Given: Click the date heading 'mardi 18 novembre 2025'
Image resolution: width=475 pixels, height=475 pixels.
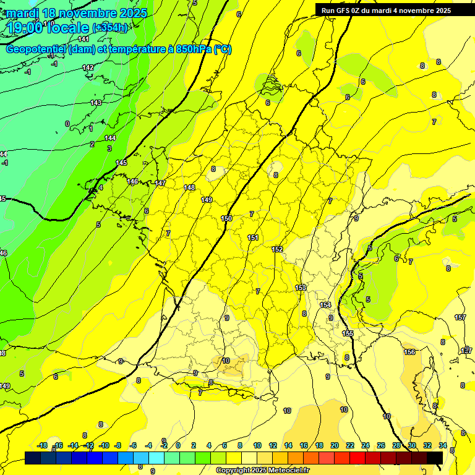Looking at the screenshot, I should coord(77,13).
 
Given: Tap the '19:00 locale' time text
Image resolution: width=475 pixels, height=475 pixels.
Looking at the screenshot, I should coord(48,27).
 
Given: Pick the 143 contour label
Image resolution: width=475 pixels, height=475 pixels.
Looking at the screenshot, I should coord(96,103).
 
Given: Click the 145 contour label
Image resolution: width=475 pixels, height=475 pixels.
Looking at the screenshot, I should coord(121,163).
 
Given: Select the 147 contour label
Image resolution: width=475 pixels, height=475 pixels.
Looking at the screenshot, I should coord(160,183).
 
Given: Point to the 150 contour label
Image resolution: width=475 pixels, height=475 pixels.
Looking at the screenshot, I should coord(226,218).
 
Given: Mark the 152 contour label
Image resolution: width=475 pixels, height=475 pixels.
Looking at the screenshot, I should coord(277,249).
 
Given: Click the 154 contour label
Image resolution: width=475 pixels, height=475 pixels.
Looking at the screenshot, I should coord(325,306).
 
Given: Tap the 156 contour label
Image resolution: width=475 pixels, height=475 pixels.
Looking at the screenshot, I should coord(409,352).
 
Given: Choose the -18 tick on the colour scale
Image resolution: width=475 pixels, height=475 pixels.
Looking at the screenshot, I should coord(43,445).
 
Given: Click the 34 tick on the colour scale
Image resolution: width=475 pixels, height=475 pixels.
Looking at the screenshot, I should coord(443,445).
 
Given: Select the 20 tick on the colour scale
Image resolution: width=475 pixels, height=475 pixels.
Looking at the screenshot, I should coord(334,445).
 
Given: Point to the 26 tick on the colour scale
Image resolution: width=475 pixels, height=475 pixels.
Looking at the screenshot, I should coord(380,445).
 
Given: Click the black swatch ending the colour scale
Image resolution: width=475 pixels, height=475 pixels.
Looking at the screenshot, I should coord(435,458).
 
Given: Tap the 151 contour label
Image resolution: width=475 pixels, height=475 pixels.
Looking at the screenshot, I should coord(253,237).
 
